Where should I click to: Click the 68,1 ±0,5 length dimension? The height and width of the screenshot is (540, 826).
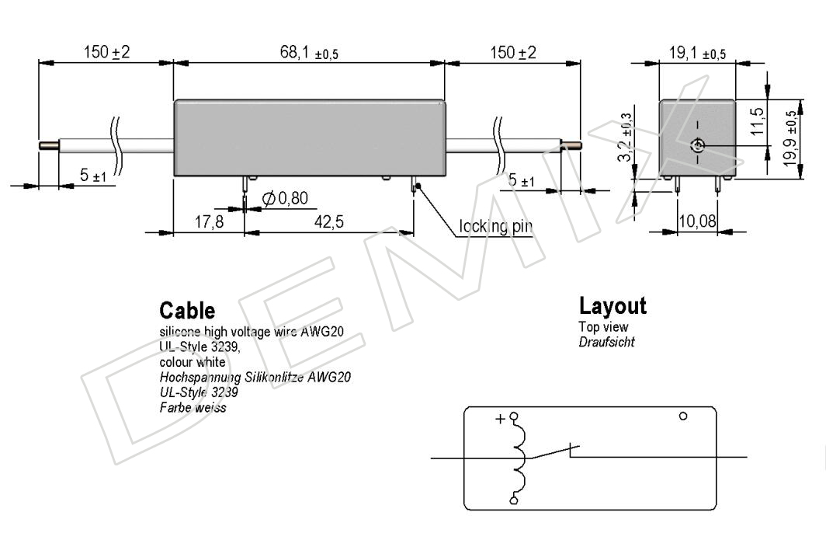click(309, 53)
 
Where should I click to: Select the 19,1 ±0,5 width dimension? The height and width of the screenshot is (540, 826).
click(697, 53)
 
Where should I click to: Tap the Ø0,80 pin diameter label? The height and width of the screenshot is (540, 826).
click(285, 198)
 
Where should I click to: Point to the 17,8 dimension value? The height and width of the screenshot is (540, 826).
click(209, 221)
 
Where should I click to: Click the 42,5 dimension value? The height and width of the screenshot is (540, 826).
click(328, 221)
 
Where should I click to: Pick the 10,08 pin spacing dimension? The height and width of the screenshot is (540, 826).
click(697, 221)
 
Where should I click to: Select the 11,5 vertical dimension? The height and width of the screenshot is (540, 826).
click(757, 121)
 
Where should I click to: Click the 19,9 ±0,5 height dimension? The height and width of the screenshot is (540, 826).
click(790, 138)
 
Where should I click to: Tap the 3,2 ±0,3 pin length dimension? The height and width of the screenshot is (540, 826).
click(625, 137)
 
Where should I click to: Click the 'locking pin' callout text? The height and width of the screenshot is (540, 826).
click(495, 226)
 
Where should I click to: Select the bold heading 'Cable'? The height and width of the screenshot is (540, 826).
click(187, 311)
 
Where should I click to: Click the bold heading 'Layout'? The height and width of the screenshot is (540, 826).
click(613, 306)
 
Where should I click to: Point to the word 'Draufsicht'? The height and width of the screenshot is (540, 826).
click(606, 342)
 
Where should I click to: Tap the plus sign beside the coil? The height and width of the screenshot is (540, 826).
click(500, 419)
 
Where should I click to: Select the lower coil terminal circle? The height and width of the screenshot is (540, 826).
click(514, 500)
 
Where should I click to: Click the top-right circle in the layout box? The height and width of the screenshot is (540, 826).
click(683, 416)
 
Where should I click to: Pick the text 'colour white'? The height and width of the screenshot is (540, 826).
click(193, 362)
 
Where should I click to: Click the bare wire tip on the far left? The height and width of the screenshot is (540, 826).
click(48, 145)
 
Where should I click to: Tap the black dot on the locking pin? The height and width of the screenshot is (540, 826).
click(418, 186)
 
